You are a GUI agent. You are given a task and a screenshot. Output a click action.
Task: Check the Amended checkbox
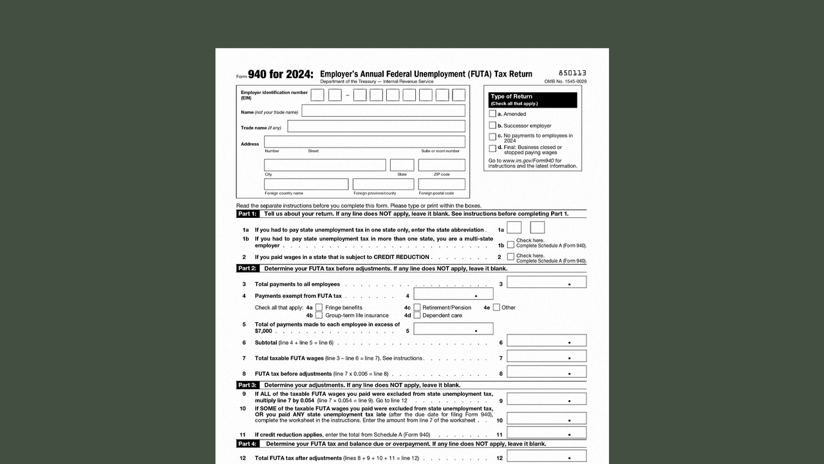pos(492,114)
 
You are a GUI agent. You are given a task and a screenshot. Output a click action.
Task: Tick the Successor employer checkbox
pos(492,126)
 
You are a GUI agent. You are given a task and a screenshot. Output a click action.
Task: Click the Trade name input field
pos(376,126)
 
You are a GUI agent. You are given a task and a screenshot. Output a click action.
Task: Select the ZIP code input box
pos(442,165)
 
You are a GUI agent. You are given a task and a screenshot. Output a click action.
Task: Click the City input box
pos(325,165)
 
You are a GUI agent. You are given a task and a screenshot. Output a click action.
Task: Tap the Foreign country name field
pos(306,184)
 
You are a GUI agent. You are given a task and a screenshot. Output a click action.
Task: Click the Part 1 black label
pos(247,214)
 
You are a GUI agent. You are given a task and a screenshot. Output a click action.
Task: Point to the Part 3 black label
pos(247,385)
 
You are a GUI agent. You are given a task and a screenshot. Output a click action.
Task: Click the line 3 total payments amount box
pos(547,282)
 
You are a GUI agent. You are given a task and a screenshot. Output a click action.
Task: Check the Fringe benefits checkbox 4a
pos(319,307)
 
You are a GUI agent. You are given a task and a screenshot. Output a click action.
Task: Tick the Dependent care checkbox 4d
pos(417,315)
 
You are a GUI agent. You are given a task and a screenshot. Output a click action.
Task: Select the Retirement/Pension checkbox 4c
pos(417,307)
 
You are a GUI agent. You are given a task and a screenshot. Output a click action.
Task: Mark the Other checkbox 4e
pos(496,307)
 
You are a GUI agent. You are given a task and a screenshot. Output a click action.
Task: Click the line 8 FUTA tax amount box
pos(547,372)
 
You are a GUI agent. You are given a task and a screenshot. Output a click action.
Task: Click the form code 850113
pos(572,73)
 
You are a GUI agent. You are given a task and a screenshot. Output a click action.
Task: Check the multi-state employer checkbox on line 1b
pos(510,245)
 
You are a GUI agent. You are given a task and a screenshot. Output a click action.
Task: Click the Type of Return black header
pos(533,100)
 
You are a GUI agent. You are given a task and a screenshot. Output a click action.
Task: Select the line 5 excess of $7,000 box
pos(453,329)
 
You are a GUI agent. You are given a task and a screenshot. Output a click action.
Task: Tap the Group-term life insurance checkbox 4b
pos(319,315)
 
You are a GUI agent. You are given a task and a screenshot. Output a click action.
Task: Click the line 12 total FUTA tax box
pos(547,456)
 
